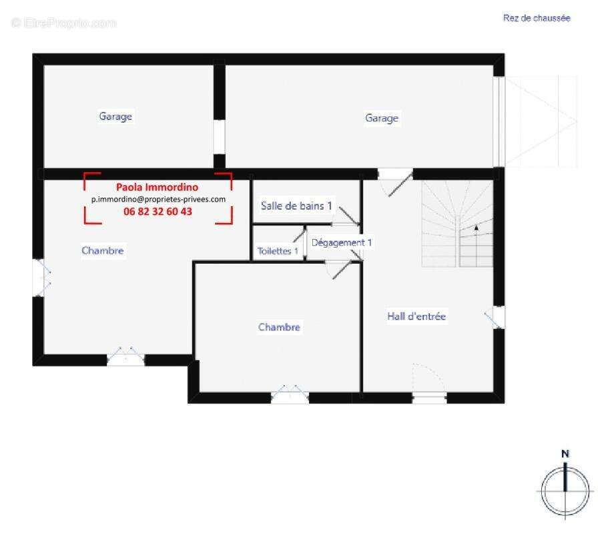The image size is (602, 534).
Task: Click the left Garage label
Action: (x=115, y=116)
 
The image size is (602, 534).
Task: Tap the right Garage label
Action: (x=381, y=118)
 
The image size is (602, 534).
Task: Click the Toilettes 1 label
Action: (x=278, y=251)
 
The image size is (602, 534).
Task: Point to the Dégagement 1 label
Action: (x=342, y=243)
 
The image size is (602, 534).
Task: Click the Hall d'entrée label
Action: (x=416, y=316)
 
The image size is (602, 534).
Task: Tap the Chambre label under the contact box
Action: (x=103, y=250)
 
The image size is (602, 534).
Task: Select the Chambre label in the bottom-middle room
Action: (x=279, y=327)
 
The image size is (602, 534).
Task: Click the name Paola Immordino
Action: (x=157, y=188)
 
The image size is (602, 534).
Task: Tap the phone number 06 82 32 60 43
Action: (x=158, y=211)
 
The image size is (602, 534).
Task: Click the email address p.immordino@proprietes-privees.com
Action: (x=158, y=199)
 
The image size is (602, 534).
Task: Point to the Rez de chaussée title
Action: (x=536, y=19)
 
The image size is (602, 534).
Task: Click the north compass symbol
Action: (x=565, y=490)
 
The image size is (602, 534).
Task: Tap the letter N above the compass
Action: (x=565, y=454)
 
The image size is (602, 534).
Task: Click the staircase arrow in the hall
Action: (x=477, y=228)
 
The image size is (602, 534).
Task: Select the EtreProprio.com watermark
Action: (x=64, y=23)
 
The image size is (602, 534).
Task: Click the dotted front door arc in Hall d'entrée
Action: (x=428, y=378)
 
